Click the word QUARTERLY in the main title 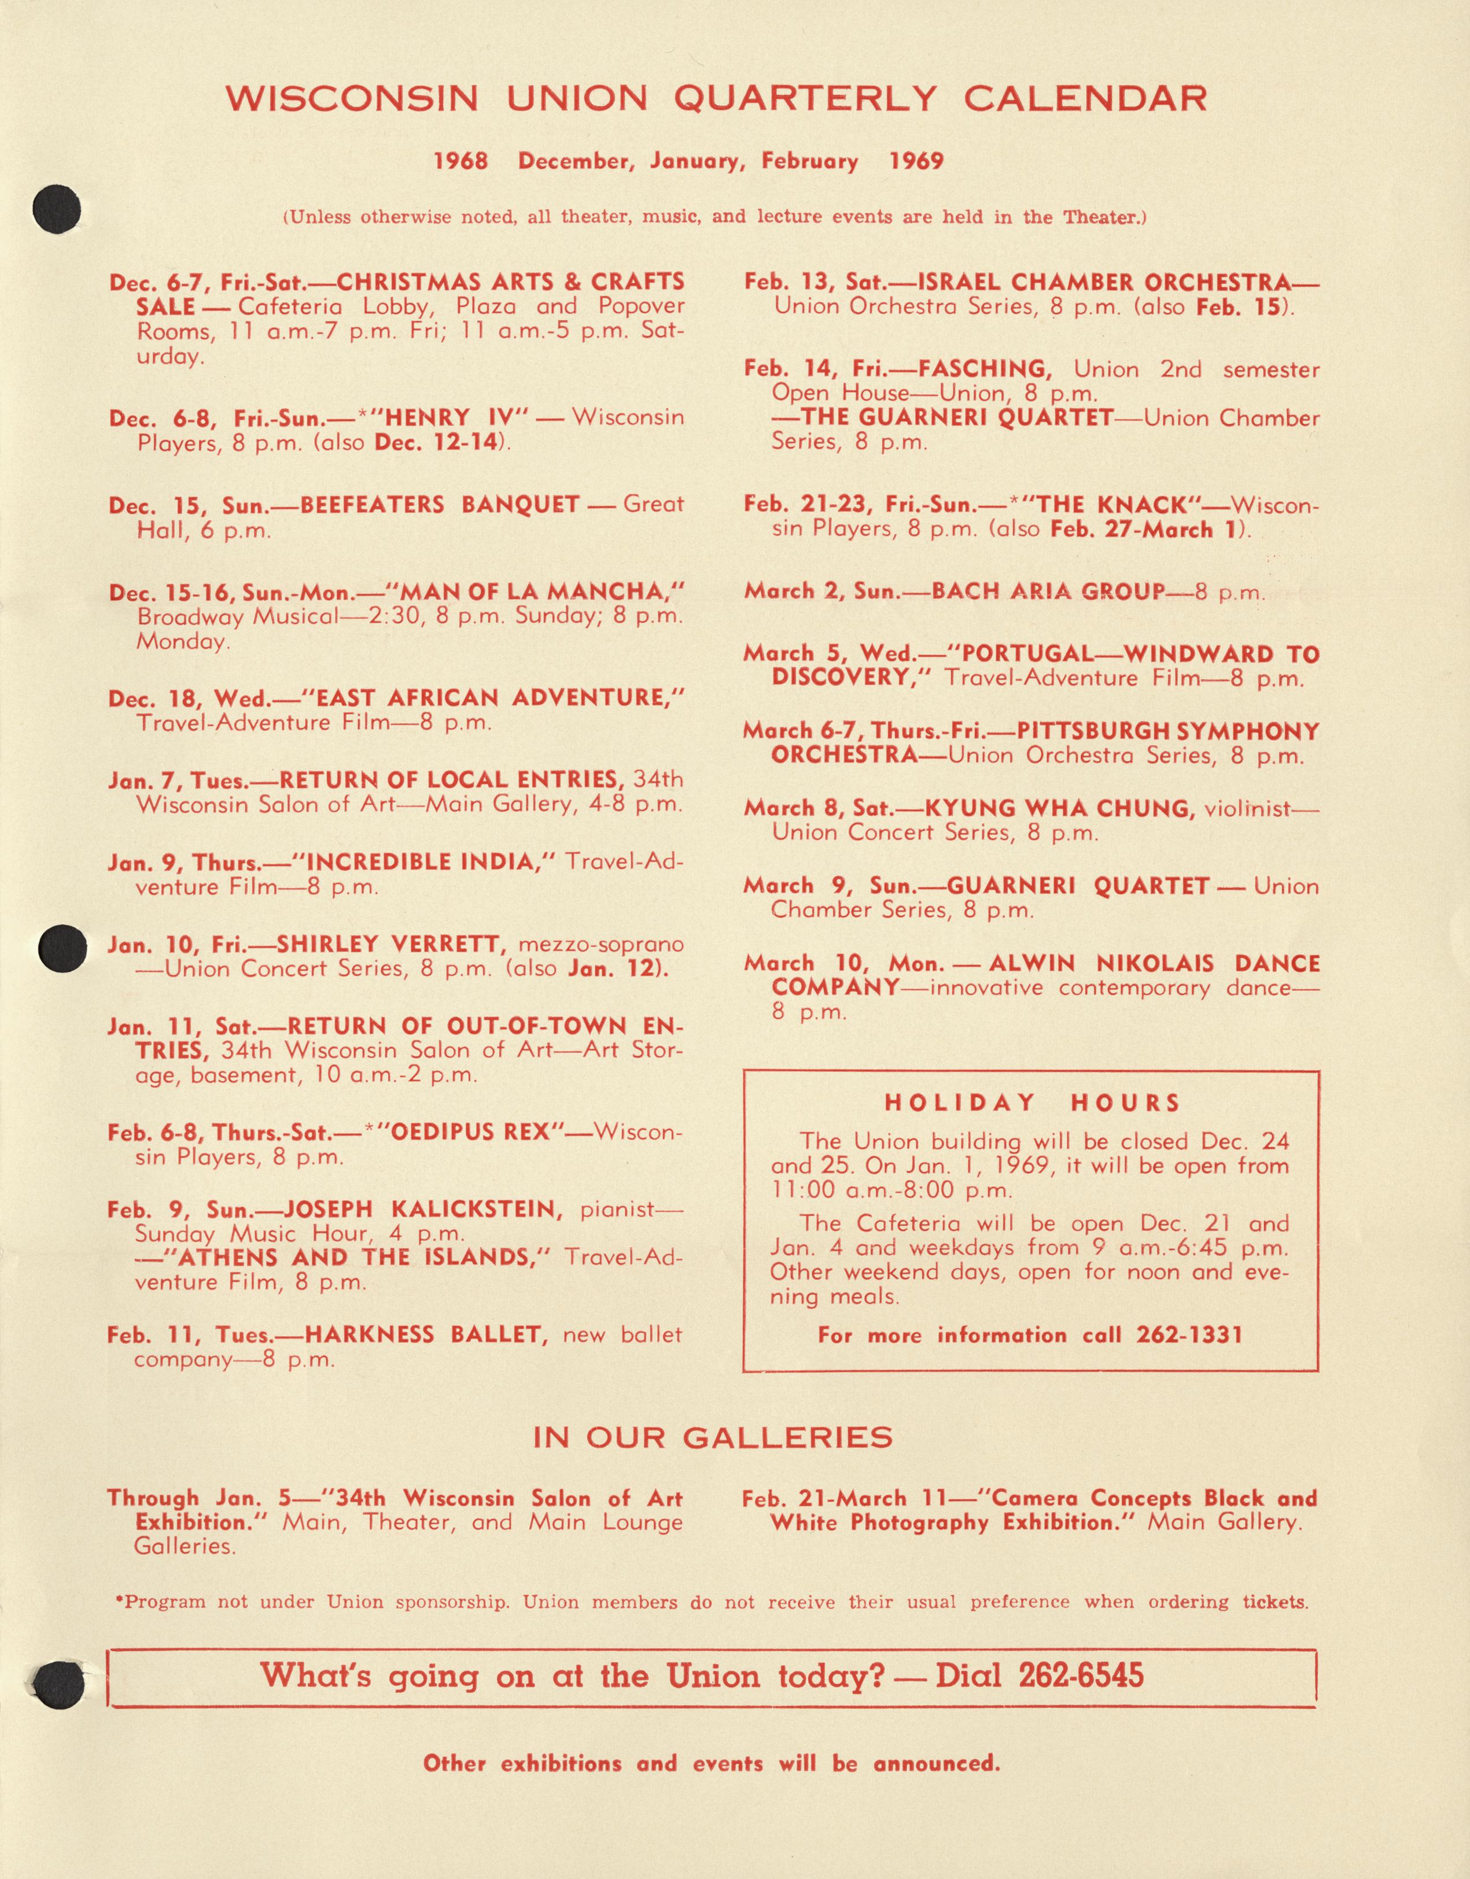click(x=804, y=99)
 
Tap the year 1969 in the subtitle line click(x=916, y=161)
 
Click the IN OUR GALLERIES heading click(x=713, y=1438)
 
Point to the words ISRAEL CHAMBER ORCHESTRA click(x=1104, y=282)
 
